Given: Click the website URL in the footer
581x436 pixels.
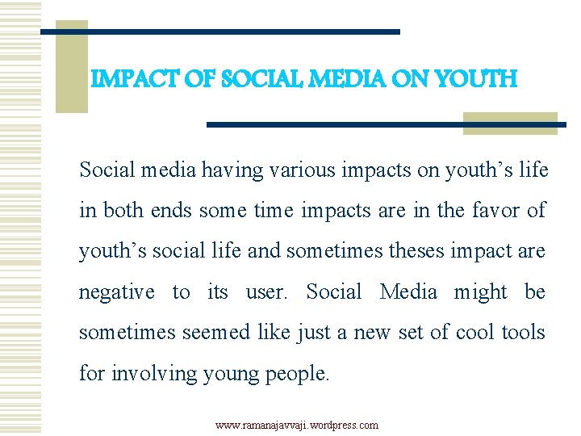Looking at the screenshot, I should [x=296, y=425].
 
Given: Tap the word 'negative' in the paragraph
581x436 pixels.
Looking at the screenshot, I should [x=116, y=291].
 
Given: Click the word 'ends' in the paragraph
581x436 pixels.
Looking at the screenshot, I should [x=172, y=211].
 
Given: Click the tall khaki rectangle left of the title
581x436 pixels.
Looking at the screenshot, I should [x=71, y=66].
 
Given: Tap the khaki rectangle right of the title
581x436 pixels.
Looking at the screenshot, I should [x=510, y=123].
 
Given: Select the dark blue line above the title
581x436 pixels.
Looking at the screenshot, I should [x=220, y=31].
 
